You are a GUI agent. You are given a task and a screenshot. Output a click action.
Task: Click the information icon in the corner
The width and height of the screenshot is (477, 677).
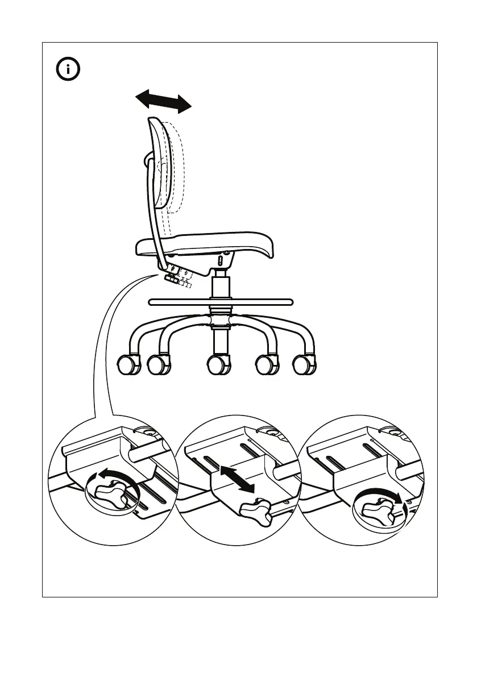[x=68, y=70]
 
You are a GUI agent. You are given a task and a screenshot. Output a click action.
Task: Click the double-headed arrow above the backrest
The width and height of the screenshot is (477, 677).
[x=163, y=101]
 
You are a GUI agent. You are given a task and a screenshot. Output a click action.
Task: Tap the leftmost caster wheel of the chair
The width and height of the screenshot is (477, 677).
[x=128, y=364]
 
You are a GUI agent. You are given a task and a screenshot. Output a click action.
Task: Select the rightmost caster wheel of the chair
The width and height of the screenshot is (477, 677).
[x=304, y=364]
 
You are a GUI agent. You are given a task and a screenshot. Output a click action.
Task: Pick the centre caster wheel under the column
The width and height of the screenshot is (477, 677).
[x=218, y=364]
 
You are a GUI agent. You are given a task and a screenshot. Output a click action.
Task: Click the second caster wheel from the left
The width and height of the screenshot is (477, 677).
[x=159, y=364]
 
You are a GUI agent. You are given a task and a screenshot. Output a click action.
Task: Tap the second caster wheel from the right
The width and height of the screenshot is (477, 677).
[x=267, y=364]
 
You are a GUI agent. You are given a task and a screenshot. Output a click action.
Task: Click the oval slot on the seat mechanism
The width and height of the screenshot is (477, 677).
[x=221, y=261]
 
